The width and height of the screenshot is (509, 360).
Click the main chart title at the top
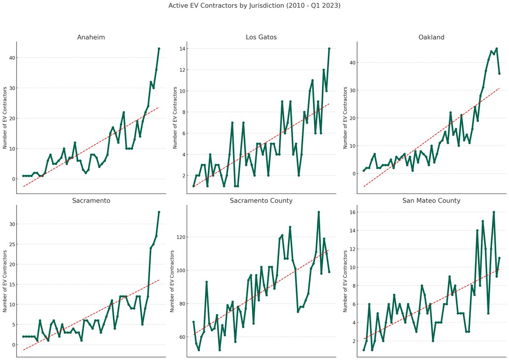tap(254, 6)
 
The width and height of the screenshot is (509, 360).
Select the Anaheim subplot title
tap(91, 37)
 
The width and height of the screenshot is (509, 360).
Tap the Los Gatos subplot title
tap(261, 37)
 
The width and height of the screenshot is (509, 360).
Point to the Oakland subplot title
tap(431, 37)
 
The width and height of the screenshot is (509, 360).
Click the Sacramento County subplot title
tap(261, 201)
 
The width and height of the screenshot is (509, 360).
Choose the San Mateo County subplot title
tap(431, 201)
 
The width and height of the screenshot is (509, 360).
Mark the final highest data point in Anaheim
tap(159, 48)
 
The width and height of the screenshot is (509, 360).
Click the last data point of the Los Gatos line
tap(329, 48)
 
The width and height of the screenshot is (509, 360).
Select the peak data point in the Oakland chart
tap(496, 48)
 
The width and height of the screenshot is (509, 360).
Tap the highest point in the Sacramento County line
tap(319, 212)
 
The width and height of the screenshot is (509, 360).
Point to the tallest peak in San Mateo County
tap(494, 212)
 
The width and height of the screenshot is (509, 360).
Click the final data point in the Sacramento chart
tap(159, 212)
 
